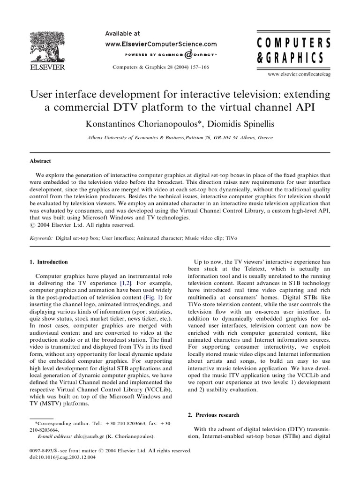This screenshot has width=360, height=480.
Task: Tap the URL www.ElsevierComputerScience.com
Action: point(161,44)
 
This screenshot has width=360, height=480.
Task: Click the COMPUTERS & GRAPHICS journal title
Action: point(294,51)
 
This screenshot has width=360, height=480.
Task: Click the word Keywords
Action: point(41,238)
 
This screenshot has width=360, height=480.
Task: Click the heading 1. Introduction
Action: point(49,262)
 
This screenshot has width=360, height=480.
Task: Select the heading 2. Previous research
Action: point(214,415)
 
